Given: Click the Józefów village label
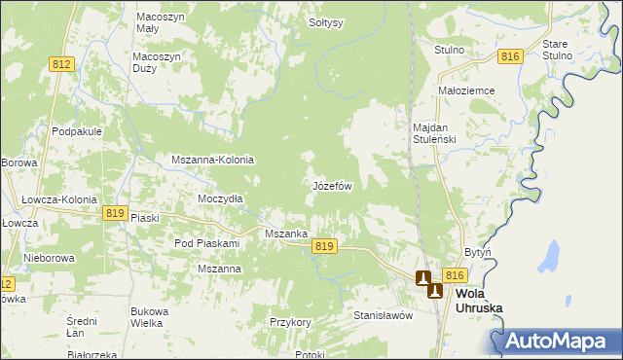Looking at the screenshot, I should point(332,185).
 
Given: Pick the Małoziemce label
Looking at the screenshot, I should point(467,90).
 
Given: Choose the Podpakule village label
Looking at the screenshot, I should point(79,131).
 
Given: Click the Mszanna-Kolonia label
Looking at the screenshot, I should point(212,160).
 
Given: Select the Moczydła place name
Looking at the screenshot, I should point(220,198).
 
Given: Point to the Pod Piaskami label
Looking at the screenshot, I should point(206,242).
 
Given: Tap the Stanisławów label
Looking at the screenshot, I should point(384,315).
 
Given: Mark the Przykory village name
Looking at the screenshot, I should point(290,321).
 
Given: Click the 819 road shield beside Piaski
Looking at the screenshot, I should point(116,213).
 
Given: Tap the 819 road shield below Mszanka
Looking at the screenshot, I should point(325,247).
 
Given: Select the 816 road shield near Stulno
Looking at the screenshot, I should point(511,57).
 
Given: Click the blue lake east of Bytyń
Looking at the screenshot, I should point(552,258).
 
